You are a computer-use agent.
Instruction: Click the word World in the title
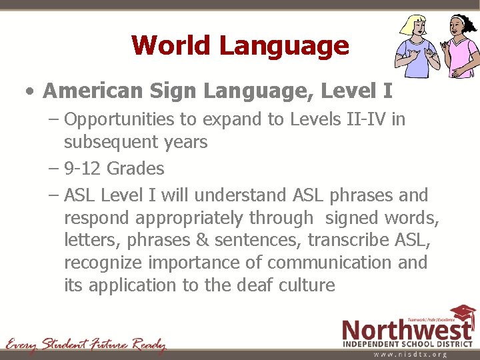click(x=171, y=45)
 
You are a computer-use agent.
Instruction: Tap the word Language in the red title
click(x=284, y=45)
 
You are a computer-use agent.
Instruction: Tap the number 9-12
click(x=83, y=169)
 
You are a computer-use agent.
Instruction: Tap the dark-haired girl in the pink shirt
click(x=455, y=47)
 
